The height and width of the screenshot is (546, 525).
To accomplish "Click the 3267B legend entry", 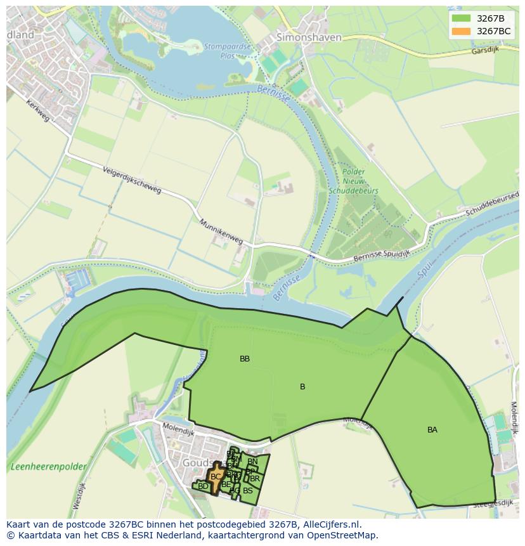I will [x=490, y=18].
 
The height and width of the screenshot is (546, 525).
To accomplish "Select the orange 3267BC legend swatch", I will [x=462, y=31].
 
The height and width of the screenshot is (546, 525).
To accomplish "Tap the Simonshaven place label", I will [x=309, y=37].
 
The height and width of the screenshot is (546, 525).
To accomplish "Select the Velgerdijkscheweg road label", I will [x=132, y=181].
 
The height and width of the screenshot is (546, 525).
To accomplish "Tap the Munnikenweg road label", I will [x=221, y=233].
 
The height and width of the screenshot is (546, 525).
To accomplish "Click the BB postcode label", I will [x=245, y=359].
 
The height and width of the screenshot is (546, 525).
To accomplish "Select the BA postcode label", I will [x=432, y=430].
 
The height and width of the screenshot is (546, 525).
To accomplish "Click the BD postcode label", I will [x=203, y=486].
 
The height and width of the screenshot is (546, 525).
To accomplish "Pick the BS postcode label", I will [x=248, y=490].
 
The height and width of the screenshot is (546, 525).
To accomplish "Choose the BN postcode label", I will [x=252, y=462].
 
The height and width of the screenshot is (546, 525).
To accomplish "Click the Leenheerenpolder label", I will [x=48, y=467].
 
